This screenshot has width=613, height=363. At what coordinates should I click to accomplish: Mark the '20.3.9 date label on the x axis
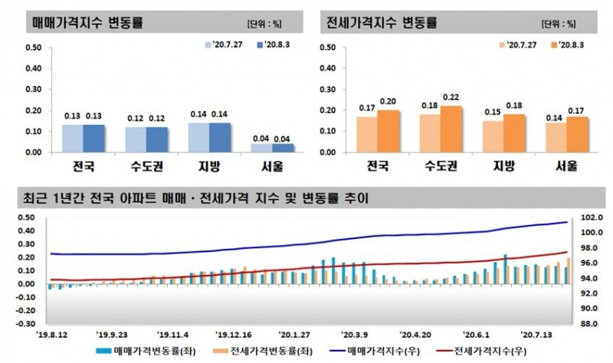[x=355, y=335]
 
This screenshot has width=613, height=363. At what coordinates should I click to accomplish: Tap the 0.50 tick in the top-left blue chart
[x=33, y=47]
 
